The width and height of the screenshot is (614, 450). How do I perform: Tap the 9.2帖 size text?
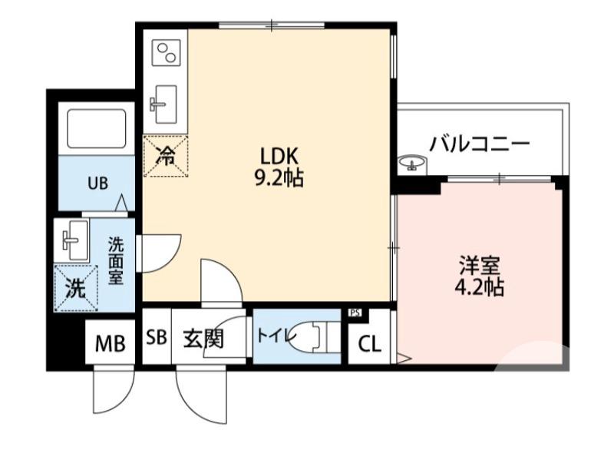point(277,179)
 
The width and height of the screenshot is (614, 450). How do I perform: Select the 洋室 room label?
point(480,266)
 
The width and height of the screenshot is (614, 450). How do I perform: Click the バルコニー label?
point(480,144)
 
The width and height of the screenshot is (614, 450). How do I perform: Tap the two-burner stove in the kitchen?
point(165,54)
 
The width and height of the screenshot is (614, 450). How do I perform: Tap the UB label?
point(97,183)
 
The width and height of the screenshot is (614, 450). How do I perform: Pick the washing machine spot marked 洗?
point(75,288)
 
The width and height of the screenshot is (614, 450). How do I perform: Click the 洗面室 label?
point(115,261)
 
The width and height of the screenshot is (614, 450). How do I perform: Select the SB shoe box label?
point(157,339)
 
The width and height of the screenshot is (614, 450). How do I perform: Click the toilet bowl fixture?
point(316,335)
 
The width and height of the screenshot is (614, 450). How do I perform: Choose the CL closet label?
point(369,344)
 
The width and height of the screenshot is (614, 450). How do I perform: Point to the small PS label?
point(355,313)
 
